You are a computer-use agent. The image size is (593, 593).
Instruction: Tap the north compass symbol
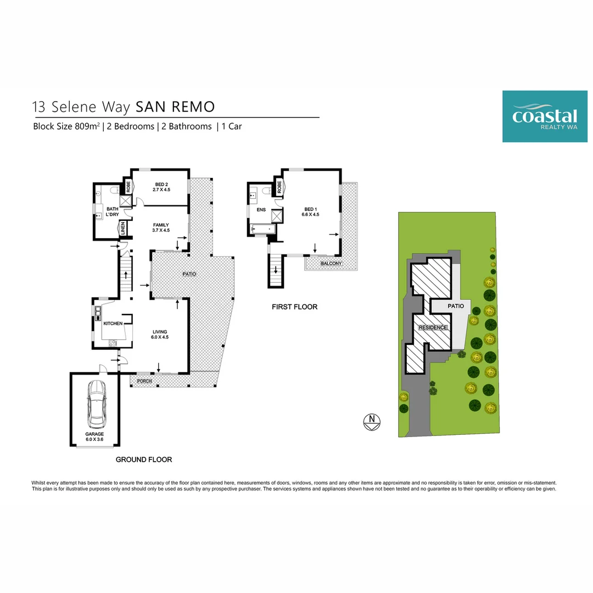(x=372, y=422)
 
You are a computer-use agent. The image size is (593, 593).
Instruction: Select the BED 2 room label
(x=161, y=187)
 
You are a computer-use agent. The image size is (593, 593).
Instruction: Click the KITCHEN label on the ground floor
(x=113, y=323)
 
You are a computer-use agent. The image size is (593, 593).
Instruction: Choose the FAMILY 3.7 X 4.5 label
(x=161, y=227)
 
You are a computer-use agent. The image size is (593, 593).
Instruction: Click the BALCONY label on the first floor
(x=331, y=264)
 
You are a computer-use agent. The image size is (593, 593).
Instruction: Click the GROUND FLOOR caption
(x=144, y=460)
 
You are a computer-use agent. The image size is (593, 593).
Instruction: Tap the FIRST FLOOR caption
(x=294, y=307)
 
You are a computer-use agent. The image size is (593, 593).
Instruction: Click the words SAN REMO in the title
(x=175, y=106)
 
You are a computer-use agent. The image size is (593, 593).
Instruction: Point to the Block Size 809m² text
(x=66, y=126)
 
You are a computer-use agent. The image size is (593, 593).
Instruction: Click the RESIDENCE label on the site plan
(x=433, y=328)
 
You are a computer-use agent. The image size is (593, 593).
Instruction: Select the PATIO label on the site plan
(x=455, y=306)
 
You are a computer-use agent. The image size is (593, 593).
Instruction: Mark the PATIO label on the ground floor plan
(x=190, y=273)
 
